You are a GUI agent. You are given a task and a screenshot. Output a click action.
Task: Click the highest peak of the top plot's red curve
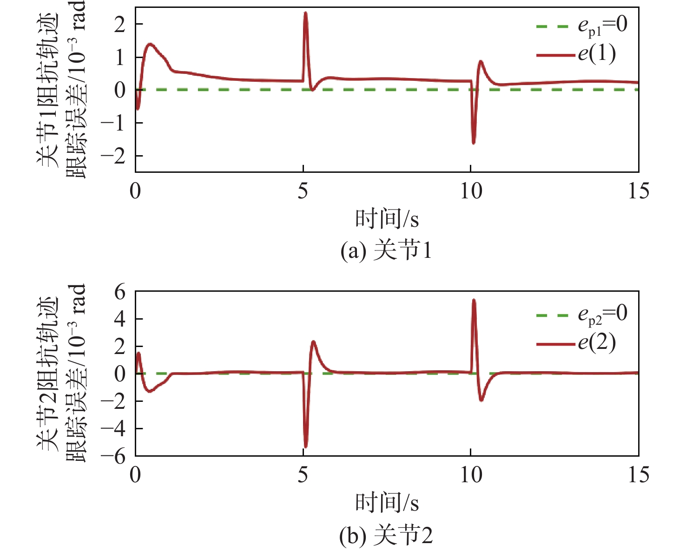click(x=305, y=13)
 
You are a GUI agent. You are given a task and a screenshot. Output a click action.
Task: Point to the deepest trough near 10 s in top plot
click(x=473, y=143)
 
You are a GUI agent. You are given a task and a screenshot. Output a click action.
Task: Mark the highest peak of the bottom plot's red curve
click(x=474, y=300)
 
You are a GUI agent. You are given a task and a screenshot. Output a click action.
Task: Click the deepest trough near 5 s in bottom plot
click(x=305, y=447)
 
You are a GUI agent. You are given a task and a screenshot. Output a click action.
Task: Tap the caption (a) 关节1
click(x=386, y=251)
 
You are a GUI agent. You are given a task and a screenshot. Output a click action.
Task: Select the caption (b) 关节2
click(x=386, y=536)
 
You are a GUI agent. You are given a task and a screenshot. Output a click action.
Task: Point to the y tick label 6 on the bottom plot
click(x=120, y=293)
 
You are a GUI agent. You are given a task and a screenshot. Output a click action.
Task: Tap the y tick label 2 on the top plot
click(x=120, y=24)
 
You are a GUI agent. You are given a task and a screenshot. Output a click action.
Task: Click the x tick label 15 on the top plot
click(x=638, y=191)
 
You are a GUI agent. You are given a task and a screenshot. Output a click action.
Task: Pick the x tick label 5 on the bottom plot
click(x=303, y=475)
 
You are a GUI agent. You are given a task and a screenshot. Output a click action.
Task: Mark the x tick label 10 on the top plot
click(x=471, y=191)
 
